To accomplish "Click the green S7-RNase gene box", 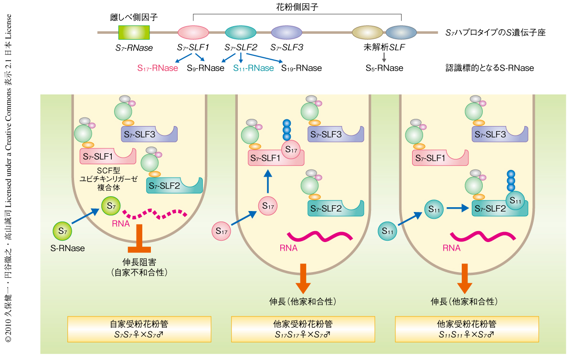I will pyautogui.click(x=134, y=32).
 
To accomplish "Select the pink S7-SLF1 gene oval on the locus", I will pyautogui.click(x=193, y=32).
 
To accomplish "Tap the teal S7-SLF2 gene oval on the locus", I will pyautogui.click(x=241, y=32).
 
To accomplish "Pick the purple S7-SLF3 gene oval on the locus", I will pyautogui.click(x=286, y=32).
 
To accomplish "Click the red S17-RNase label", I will pyautogui.click(x=158, y=68).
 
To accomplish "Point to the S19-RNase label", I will pyautogui.click(x=301, y=68).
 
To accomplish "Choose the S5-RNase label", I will pyautogui.click(x=384, y=68).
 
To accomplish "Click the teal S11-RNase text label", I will pyautogui.click(x=254, y=68).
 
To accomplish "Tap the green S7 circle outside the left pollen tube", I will pyautogui.click(x=62, y=231).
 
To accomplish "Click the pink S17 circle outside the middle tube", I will pyautogui.click(x=222, y=231).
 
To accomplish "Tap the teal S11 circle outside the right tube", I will pyautogui.click(x=388, y=231).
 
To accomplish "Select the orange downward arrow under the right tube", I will pyautogui.click(x=464, y=279).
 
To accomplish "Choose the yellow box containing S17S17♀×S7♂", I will pyautogui.click(x=302, y=329).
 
